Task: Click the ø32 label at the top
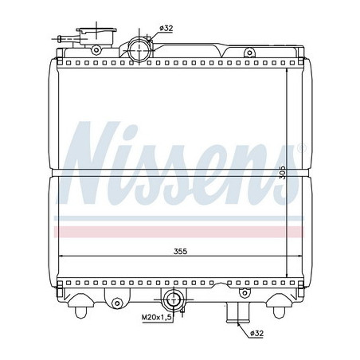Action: [166, 29]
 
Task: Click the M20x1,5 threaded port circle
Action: [172, 301]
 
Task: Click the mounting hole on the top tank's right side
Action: [249, 53]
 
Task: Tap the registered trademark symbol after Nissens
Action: [300, 149]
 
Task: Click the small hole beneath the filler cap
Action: [96, 51]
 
